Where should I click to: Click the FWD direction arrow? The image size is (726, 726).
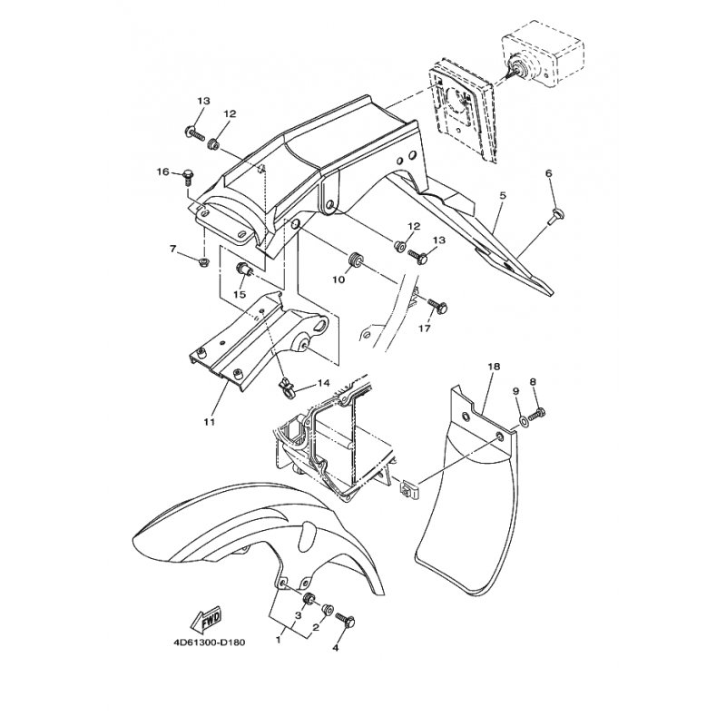(207, 620)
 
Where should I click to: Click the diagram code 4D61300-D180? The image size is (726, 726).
(210, 643)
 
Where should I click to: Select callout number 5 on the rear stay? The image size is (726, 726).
(503, 195)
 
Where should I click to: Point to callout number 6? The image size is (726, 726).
(549, 173)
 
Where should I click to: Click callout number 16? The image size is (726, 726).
(163, 172)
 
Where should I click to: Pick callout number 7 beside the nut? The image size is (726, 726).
(172, 249)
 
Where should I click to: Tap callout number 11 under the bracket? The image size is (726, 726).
(210, 422)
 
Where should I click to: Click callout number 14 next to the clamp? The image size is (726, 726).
(323, 383)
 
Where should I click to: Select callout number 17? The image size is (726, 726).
(425, 329)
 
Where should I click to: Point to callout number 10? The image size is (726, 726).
(338, 280)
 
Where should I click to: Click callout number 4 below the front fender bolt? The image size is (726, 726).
(335, 648)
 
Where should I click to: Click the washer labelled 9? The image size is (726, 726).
(524, 420)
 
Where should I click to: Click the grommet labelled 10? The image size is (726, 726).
(356, 260)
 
